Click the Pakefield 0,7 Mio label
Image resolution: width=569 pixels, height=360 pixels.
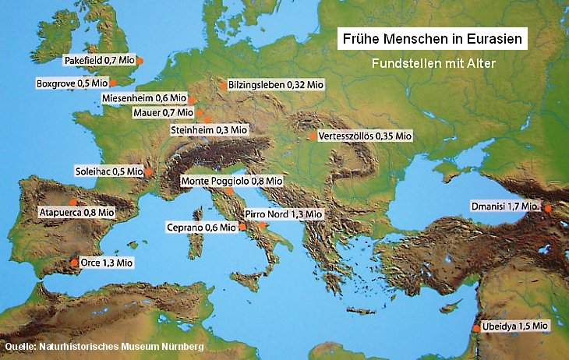point(98,59)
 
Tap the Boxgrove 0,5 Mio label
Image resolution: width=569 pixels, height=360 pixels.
point(71,83)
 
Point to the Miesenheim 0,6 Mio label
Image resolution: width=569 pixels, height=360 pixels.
point(145,99)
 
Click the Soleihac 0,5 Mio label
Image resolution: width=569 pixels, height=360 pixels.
point(108,171)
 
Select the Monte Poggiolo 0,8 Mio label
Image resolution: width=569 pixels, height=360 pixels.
point(231,181)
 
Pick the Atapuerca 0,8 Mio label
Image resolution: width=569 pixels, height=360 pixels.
point(77,211)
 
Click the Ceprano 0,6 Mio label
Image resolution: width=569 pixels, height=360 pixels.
point(200,227)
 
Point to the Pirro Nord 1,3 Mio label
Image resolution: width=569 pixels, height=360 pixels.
point(284,213)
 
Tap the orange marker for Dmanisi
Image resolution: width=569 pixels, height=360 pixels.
point(547,209)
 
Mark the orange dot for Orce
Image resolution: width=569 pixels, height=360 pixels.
point(74,263)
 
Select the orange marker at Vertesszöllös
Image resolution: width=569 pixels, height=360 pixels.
point(313,136)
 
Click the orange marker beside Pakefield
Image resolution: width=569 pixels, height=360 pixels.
point(140,60)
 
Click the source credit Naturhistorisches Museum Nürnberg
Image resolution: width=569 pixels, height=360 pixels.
point(104,346)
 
